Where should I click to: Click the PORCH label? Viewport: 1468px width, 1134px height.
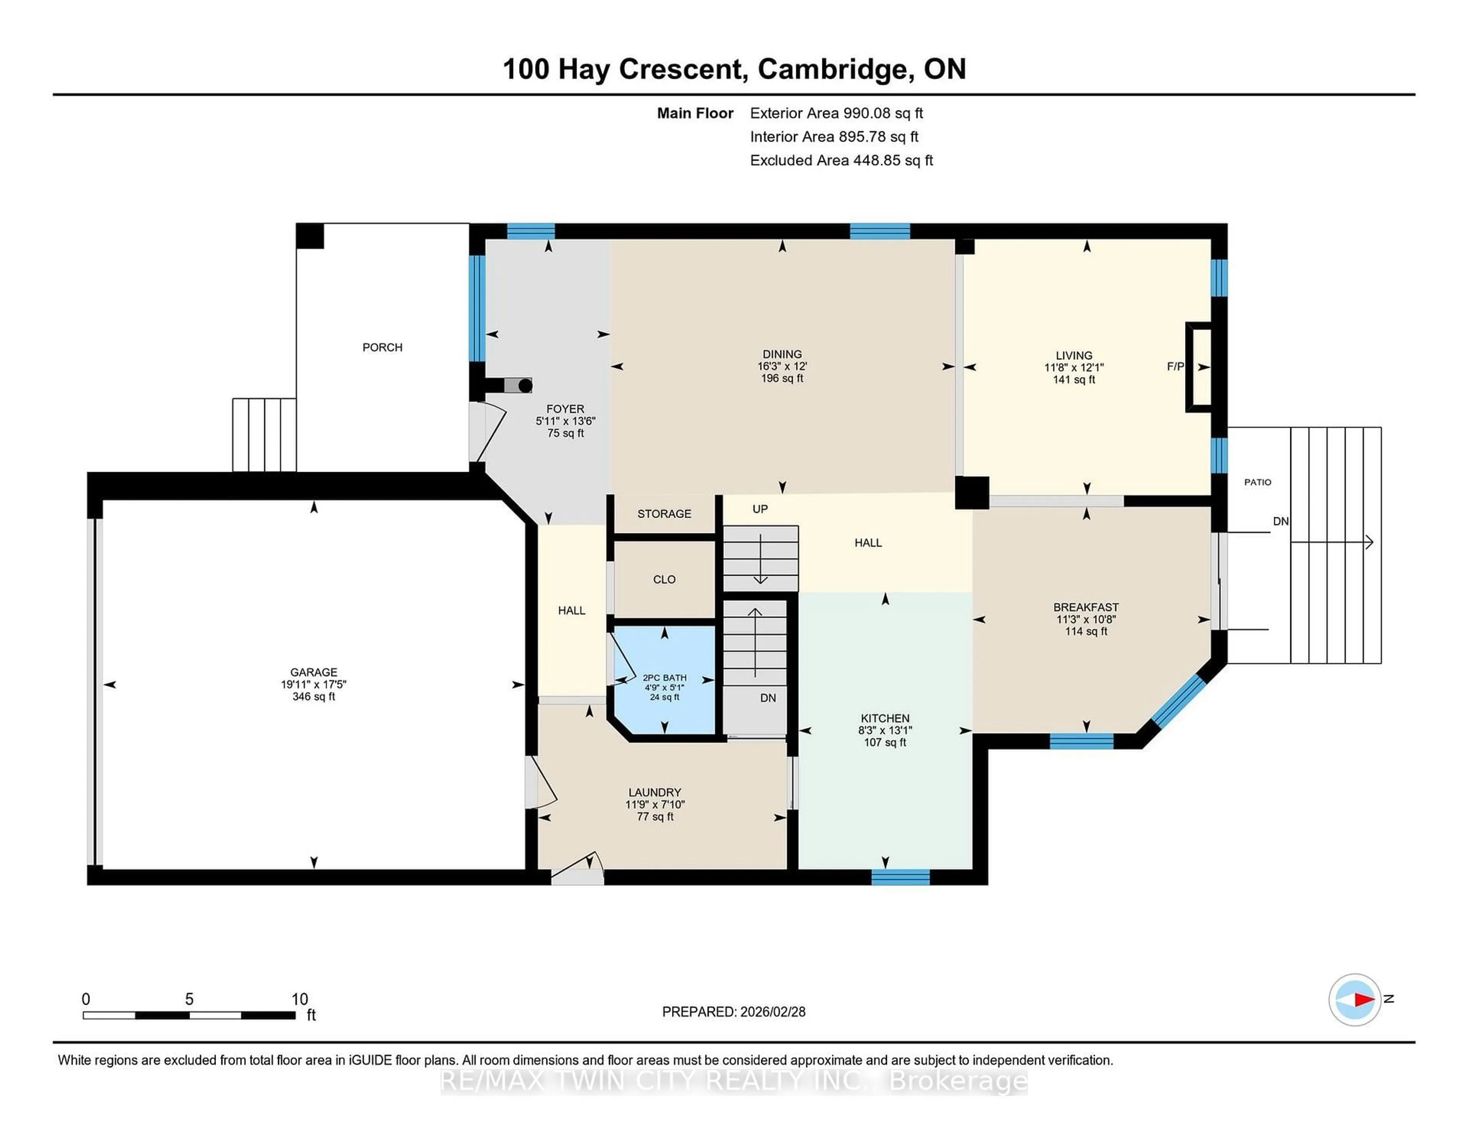(x=382, y=348)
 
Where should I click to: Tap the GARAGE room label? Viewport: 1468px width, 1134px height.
(x=313, y=672)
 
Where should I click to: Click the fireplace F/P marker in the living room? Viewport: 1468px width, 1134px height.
(x=1175, y=366)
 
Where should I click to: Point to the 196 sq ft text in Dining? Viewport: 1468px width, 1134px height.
(x=782, y=379)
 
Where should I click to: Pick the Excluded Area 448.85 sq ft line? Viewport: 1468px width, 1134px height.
(x=841, y=160)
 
